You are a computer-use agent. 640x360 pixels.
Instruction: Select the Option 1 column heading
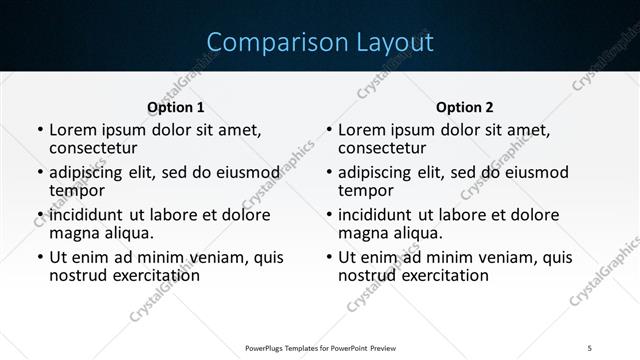click(176, 107)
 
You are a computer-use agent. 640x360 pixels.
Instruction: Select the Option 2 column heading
click(465, 107)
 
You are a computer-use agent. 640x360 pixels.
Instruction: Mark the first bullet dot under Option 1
click(38, 130)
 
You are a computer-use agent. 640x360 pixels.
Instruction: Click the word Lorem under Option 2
click(361, 130)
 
